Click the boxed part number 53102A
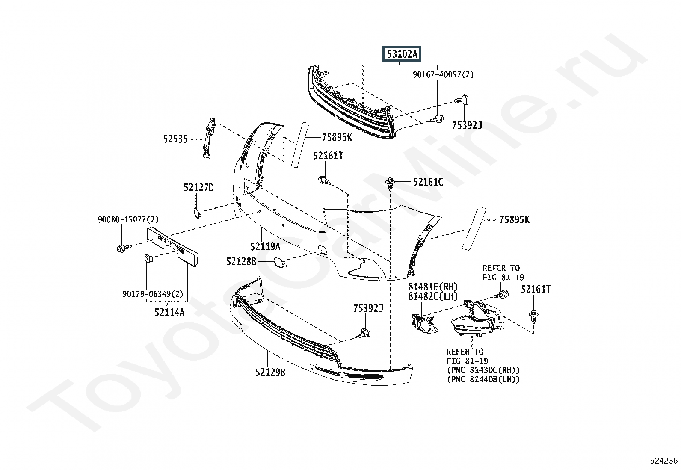[x=402, y=54]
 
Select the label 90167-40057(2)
[x=443, y=74]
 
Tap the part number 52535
[x=175, y=139]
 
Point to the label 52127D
[x=199, y=188]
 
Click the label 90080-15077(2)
[x=128, y=219]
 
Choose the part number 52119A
[x=265, y=247]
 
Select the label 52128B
[x=241, y=261]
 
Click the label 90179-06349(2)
[x=153, y=294]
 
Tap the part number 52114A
[x=169, y=312]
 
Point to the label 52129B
[x=270, y=372]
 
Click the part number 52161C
[x=428, y=182]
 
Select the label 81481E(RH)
[x=433, y=287]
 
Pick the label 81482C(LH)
[x=433, y=296]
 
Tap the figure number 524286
[x=664, y=461]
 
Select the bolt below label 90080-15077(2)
[x=124, y=248]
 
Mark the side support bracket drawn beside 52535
[x=209, y=138]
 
